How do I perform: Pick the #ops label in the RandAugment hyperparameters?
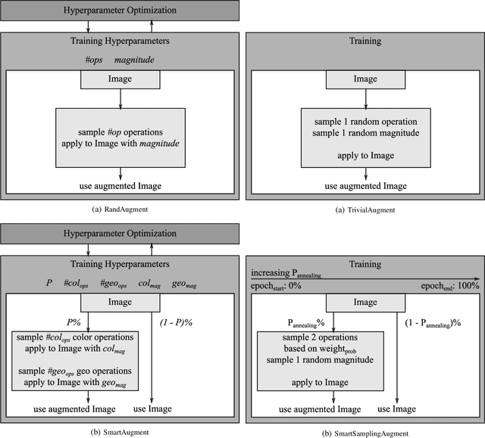pos(95,59)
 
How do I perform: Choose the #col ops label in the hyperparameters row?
pos(82,284)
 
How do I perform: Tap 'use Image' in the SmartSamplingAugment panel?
pos(397,408)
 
